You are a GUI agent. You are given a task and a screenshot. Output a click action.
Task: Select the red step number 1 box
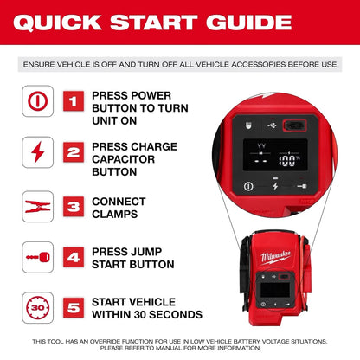click(x=74, y=101)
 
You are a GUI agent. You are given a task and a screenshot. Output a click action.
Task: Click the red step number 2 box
click(x=74, y=153)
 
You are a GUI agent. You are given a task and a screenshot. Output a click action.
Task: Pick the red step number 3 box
click(x=74, y=207)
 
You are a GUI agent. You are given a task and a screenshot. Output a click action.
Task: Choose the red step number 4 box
click(x=74, y=257)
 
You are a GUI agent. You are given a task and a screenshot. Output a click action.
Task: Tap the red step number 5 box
click(x=74, y=307)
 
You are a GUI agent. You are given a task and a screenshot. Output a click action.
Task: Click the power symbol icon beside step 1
click(x=37, y=101)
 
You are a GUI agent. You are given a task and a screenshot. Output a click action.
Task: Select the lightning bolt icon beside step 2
click(x=37, y=153)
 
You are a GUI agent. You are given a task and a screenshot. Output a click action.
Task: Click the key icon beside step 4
click(x=37, y=257)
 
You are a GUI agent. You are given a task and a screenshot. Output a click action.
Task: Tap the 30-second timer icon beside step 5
click(x=37, y=307)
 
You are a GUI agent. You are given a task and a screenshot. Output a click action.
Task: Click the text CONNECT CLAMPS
click(x=119, y=207)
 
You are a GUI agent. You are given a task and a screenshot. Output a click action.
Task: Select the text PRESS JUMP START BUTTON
click(x=134, y=257)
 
